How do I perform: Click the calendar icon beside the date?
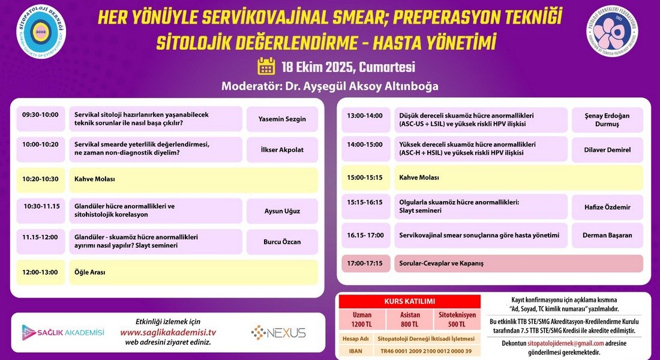tap(266, 66)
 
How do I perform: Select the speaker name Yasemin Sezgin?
tap(282, 119)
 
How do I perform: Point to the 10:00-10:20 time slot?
tap(40, 145)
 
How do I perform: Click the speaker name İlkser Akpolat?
tap(282, 149)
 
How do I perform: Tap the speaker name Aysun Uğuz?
tap(282, 211)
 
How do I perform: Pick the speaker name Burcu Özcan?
tap(282, 242)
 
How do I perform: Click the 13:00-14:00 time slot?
tap(365, 116)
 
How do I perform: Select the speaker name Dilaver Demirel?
tap(607, 149)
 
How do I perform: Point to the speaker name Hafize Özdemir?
tap(607, 207)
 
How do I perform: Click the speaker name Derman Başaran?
tap(607, 235)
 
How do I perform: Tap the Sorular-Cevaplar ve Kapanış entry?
tap(442, 263)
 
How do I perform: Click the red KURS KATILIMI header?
tap(410, 301)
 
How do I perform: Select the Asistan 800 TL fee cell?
tap(410, 320)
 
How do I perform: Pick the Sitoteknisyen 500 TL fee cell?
tap(457, 320)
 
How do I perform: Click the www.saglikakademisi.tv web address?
tap(168, 332)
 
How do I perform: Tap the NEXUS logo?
tap(278, 332)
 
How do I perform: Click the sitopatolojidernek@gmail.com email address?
tap(566, 343)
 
